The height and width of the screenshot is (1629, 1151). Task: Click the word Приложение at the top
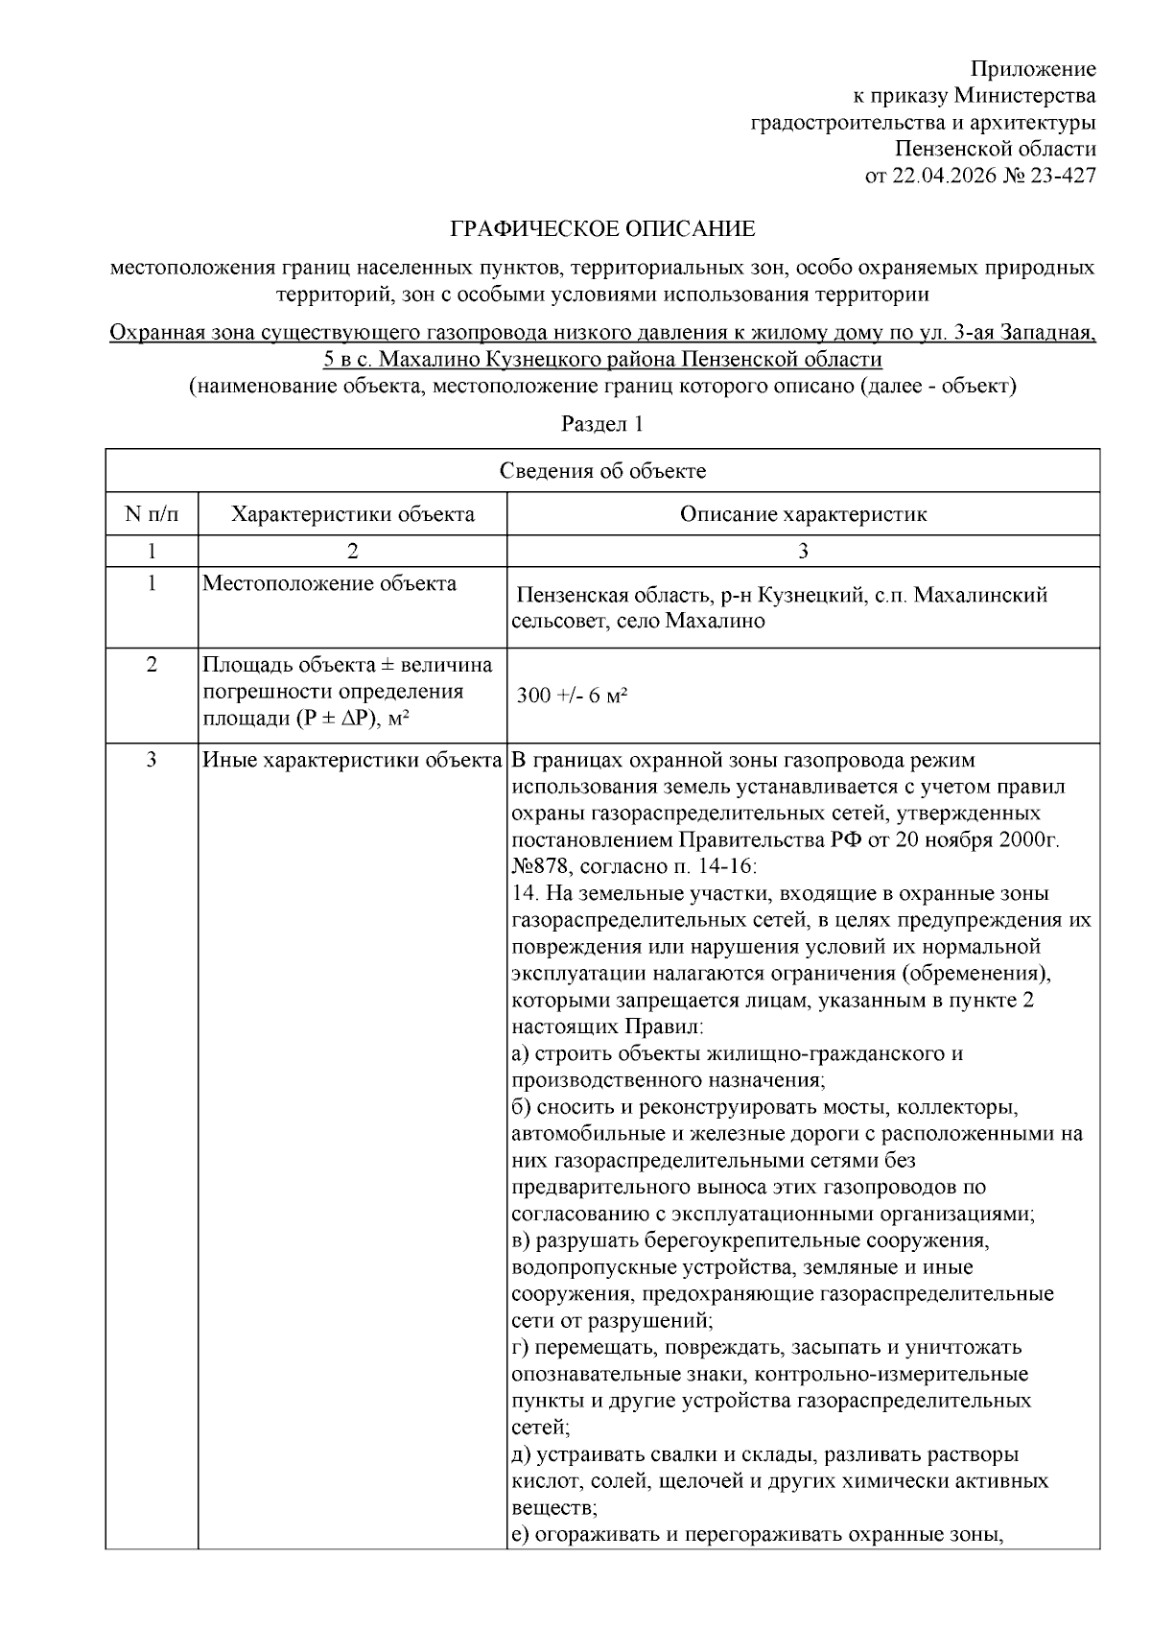tap(1033, 69)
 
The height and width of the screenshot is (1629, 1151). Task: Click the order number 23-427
tap(1063, 176)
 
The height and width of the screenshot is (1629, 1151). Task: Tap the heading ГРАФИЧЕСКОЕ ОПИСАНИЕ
tap(603, 229)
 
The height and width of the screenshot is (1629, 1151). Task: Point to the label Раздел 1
tap(602, 424)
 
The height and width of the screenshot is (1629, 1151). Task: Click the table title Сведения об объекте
tap(602, 471)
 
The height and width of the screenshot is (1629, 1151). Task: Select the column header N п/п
tap(152, 514)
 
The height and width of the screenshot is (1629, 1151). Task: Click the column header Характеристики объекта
tap(352, 514)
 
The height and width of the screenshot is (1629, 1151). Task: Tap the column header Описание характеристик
tap(803, 514)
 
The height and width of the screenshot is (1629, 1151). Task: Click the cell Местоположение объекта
tap(329, 584)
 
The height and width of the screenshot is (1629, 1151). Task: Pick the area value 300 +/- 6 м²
tap(572, 696)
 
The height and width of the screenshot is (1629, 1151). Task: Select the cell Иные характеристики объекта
tap(352, 761)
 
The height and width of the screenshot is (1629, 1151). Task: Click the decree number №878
tap(543, 867)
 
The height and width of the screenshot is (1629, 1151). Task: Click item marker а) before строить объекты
tap(521, 1054)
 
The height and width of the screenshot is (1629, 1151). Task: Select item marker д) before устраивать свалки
tap(521, 1454)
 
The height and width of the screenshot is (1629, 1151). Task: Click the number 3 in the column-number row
tap(803, 551)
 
